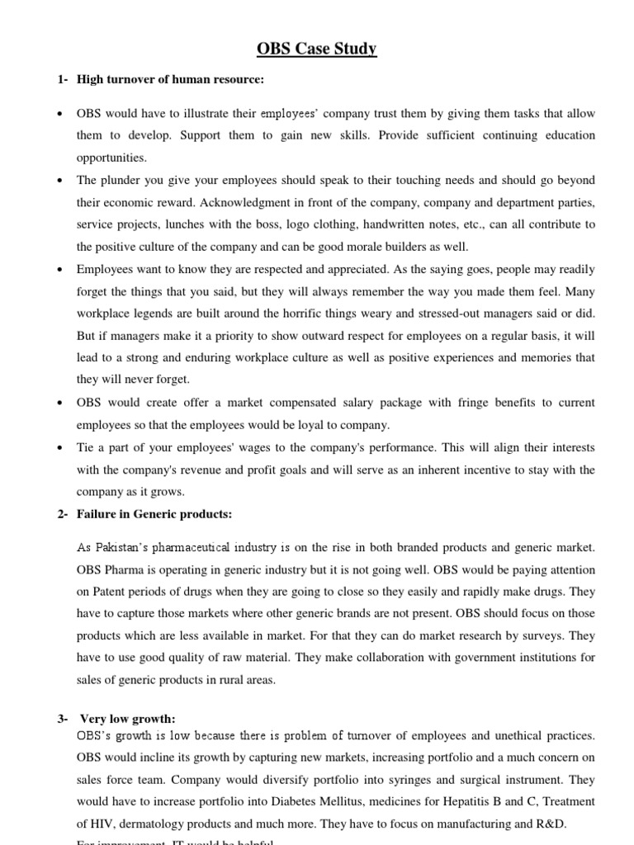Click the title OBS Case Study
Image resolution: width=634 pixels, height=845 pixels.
(x=317, y=50)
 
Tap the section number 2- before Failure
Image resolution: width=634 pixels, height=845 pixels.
(x=63, y=515)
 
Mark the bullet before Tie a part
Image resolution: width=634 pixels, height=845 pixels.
(x=61, y=447)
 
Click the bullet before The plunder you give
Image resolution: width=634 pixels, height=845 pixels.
(x=61, y=180)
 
